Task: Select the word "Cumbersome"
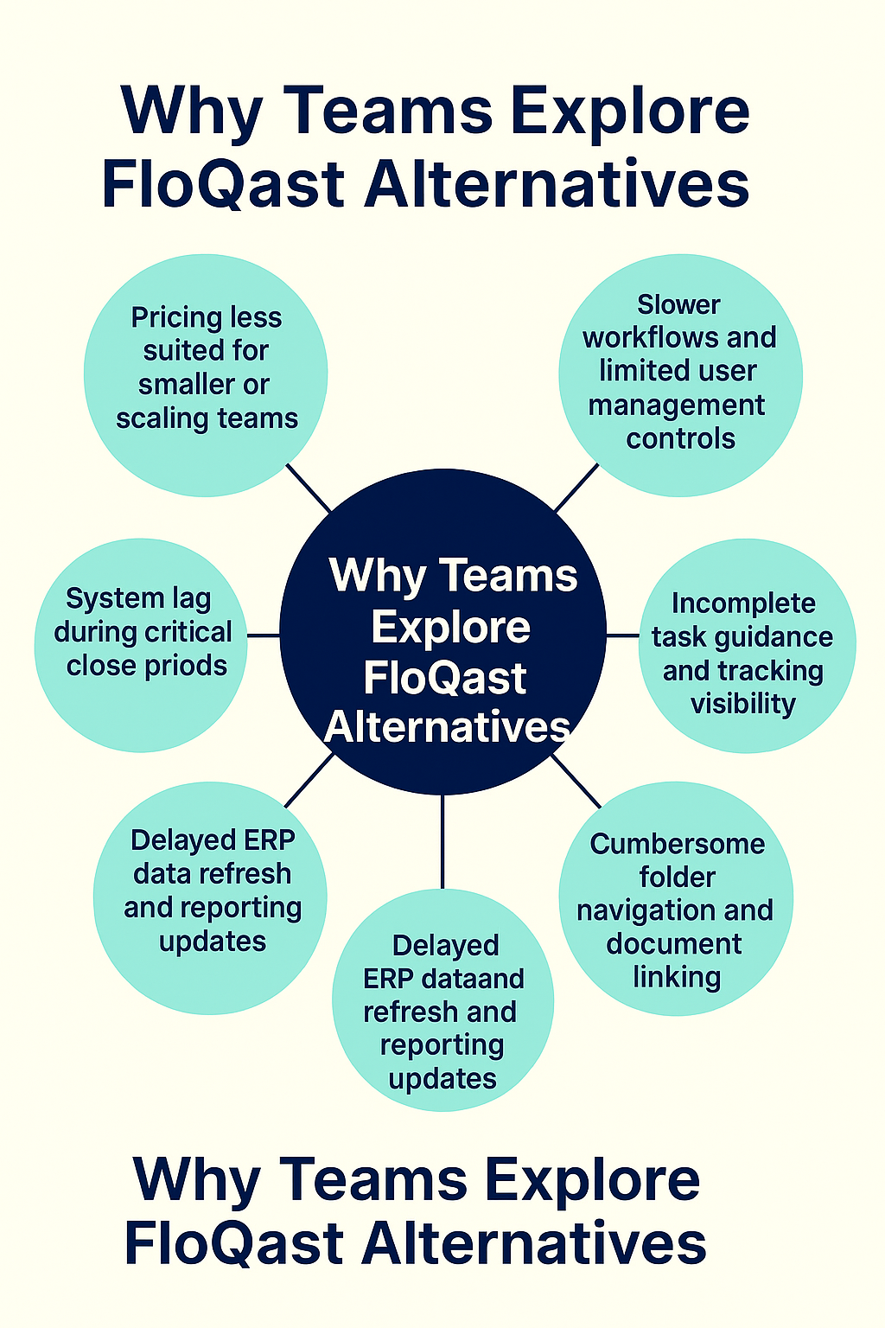678,844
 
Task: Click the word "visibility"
742,704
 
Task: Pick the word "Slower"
678,304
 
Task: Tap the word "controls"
680,438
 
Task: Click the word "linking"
677,977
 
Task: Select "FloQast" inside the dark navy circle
445,678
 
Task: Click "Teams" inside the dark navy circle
520,576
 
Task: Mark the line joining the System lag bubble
264,635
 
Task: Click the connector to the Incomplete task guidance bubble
622,635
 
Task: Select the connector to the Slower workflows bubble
576,488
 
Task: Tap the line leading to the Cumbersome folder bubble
576,781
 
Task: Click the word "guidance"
774,637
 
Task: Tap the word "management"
677,405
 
